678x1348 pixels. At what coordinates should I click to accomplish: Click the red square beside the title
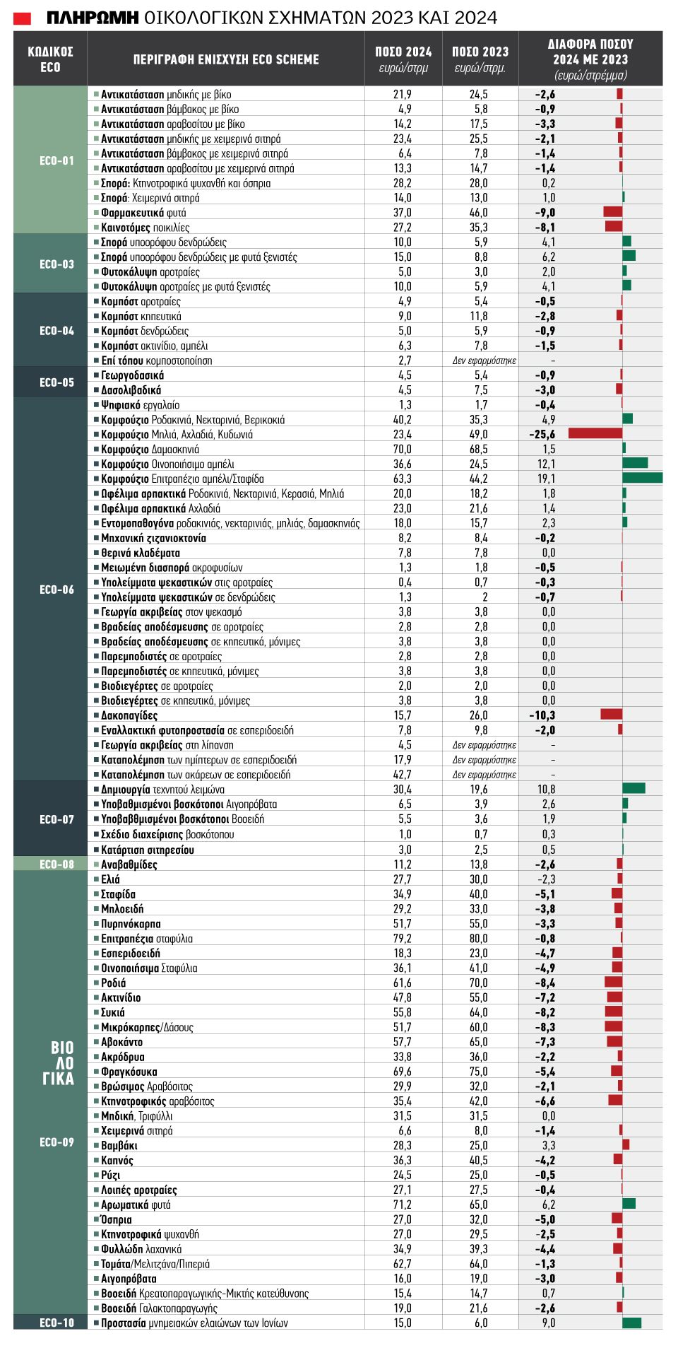(x=23, y=18)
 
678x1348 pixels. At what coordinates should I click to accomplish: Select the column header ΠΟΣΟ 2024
(x=403, y=52)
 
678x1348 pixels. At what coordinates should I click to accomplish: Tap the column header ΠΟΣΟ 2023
(x=480, y=52)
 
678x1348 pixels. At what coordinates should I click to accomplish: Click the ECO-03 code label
(x=57, y=264)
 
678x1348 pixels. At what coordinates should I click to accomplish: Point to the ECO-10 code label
(x=57, y=1323)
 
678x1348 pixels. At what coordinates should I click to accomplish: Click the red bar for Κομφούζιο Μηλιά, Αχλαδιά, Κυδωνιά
(x=595, y=433)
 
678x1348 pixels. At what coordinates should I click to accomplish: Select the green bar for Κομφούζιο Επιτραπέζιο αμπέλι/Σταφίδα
(x=643, y=478)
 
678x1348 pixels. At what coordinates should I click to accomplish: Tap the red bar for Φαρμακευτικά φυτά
(x=613, y=212)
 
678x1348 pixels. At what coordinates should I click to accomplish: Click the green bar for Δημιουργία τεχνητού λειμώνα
(x=634, y=788)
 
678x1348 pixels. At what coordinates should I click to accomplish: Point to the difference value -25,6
(x=542, y=434)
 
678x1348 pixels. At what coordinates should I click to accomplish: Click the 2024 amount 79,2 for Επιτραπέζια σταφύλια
(x=403, y=939)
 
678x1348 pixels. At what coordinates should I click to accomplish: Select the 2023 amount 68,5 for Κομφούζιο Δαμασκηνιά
(x=479, y=449)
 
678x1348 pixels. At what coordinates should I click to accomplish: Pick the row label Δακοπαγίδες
(x=129, y=715)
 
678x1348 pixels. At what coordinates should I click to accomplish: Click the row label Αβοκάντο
(x=121, y=1042)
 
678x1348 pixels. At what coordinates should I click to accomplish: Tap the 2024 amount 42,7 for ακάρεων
(x=403, y=774)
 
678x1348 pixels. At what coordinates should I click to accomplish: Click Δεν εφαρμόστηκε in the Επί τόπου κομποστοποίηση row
(x=484, y=361)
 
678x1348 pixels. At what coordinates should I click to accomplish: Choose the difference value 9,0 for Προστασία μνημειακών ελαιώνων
(x=549, y=1323)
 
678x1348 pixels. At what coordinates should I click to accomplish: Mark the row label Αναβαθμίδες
(x=129, y=865)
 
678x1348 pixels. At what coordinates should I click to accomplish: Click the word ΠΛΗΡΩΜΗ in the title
(x=93, y=18)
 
